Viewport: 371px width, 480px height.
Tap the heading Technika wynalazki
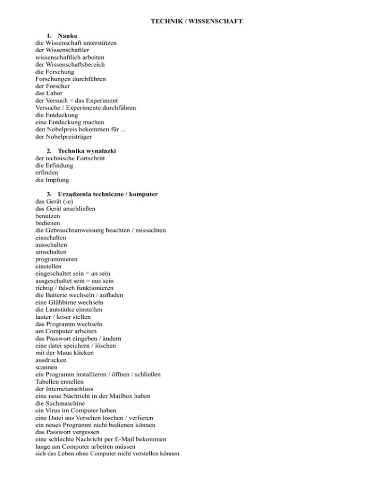[x=87, y=151]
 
